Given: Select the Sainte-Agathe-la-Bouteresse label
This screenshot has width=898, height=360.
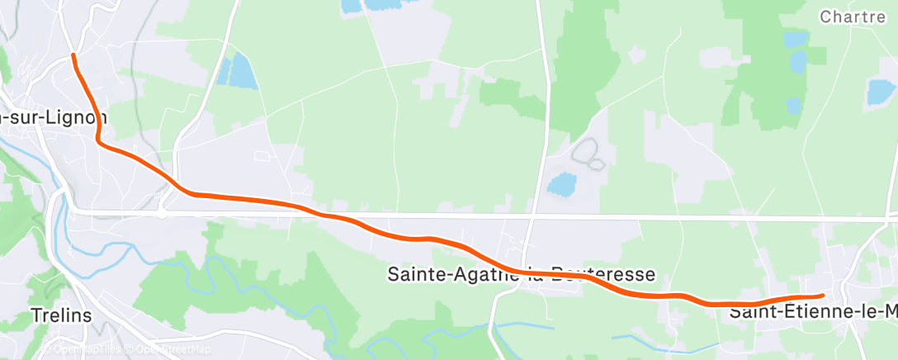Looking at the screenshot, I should (521, 274).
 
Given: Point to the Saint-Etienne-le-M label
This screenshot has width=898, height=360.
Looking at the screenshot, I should (813, 312).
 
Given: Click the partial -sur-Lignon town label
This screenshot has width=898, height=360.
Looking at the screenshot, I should (54, 118).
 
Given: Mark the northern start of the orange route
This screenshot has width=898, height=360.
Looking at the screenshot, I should (74, 55).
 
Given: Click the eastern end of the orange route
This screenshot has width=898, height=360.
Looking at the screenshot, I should (822, 295).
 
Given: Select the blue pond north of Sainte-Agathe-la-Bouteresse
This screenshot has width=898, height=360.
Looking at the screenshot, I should (561, 182).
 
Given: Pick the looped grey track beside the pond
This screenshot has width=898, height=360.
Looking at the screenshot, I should (588, 153).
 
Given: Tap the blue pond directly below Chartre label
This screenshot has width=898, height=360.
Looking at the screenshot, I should (797, 61).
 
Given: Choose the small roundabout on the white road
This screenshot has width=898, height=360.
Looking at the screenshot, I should (162, 212).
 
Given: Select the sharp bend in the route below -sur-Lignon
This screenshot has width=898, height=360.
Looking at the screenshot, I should (100, 141).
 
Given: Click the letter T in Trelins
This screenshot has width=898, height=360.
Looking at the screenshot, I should (35, 315).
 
